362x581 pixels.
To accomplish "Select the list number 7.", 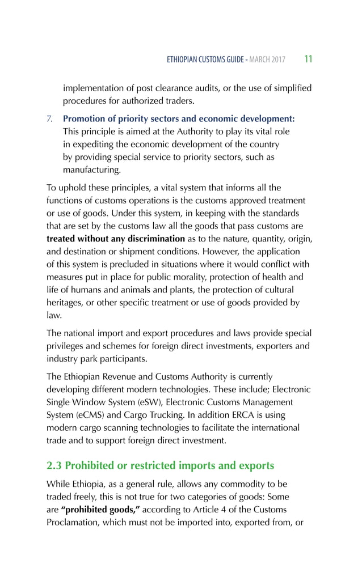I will [49, 119].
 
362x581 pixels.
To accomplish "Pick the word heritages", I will [66, 302].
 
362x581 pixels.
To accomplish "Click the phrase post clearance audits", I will [172, 88].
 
